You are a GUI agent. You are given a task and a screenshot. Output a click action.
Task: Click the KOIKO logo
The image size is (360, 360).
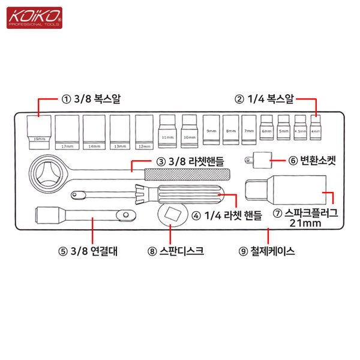[34, 17]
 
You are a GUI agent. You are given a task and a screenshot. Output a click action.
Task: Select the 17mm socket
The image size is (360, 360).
[67, 131]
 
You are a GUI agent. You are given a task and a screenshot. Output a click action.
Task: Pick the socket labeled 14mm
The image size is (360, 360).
[94, 131]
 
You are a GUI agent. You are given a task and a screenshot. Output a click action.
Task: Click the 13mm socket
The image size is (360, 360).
[120, 131]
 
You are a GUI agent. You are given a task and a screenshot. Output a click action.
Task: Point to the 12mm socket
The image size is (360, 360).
[144, 131]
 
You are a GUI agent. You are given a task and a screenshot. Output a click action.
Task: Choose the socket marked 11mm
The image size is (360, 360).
[167, 131]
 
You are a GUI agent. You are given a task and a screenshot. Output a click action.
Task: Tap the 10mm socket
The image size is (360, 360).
[189, 131]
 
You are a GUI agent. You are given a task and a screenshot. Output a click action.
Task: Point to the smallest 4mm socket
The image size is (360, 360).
[316, 127]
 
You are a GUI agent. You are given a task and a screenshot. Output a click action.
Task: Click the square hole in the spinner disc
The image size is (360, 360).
[172, 214]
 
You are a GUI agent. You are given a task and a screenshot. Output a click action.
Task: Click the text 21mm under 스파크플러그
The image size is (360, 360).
[305, 223]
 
